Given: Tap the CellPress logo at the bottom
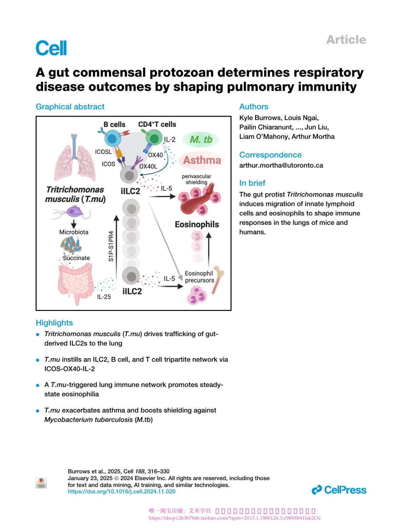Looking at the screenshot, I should (x=339, y=490).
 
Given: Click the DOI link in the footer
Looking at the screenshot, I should (x=121, y=491).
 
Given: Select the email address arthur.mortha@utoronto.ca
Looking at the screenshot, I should (x=281, y=165).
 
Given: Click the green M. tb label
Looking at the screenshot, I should (x=201, y=139).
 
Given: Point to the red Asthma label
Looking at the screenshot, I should (x=202, y=160).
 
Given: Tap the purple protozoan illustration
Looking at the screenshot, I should (x=73, y=213).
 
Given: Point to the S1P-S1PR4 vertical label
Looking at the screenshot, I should (x=111, y=246).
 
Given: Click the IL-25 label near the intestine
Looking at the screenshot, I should (x=104, y=297).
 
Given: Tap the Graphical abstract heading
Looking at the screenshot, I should (x=70, y=106).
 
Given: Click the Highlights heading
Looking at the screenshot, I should (x=54, y=322).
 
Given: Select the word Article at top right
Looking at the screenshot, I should (x=346, y=40).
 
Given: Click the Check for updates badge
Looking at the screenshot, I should (x=41, y=483).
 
